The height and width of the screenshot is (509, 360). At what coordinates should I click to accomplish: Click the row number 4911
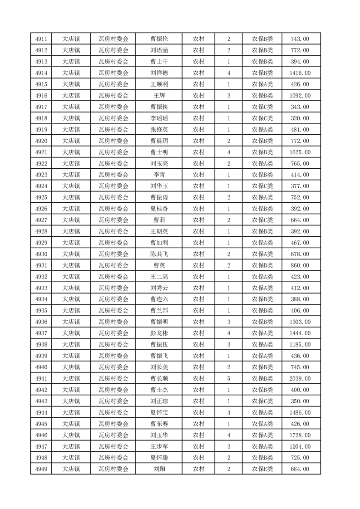coord(42,39)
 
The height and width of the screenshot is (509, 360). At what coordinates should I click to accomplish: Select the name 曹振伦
coord(159,39)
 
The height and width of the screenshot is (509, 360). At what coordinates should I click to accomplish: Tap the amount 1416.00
coord(300,73)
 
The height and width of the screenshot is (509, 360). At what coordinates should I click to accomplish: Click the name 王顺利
coord(159,84)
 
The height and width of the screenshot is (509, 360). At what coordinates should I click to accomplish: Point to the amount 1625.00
coord(300,152)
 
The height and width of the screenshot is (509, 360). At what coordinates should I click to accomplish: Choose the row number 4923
coord(42,175)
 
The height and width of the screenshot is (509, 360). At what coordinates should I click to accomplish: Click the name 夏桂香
coord(159,209)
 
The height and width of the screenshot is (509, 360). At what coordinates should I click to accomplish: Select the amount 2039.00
coord(300,378)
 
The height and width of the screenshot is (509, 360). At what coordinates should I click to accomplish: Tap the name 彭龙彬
coord(159,333)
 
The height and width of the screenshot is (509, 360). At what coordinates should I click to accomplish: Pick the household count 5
coord(228,378)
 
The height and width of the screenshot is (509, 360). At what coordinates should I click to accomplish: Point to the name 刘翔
coord(159,469)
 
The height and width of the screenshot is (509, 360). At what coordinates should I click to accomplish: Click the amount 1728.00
coord(300,435)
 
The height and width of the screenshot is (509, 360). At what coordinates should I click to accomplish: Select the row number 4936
coord(42,322)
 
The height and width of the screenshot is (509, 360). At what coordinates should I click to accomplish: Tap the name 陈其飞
coord(159,254)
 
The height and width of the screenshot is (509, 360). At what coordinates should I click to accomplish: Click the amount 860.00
coord(300,265)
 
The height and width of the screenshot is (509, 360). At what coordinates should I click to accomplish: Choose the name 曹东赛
coord(159,424)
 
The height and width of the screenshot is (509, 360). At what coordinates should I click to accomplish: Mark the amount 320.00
coord(300,118)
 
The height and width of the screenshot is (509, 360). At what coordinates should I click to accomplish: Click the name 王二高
coord(159,277)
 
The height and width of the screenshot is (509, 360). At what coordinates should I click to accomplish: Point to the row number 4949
coord(42,469)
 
